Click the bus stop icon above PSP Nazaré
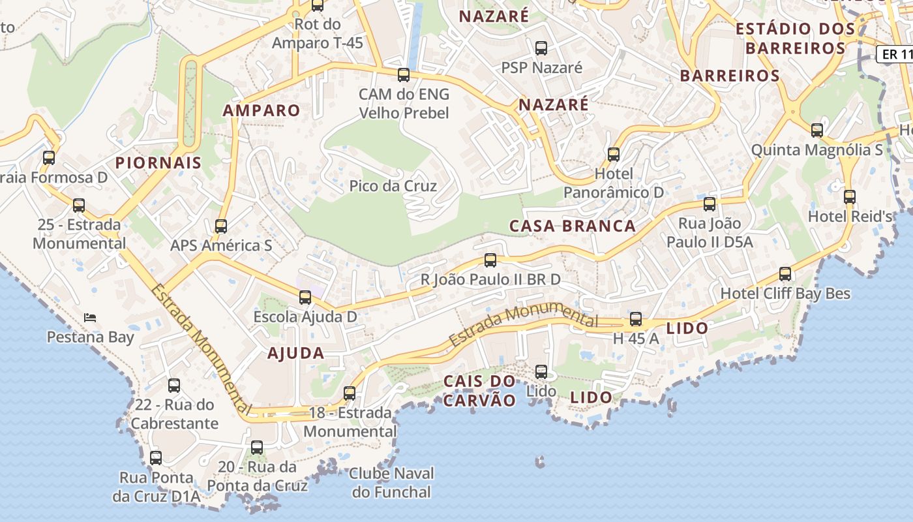pos(541,48)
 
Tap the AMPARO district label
pos(262,110)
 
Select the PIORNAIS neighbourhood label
pos(158,162)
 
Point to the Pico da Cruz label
pos(393,186)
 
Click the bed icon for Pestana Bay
pos(91,318)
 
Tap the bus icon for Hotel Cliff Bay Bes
pos(785,274)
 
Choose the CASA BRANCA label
pos(572,226)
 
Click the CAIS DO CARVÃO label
pos(479,390)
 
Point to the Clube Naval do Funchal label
pos(391,482)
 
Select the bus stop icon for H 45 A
pos(636,320)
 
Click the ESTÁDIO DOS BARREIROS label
pos(795,38)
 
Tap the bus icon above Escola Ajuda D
pos(305,298)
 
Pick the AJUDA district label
pos(295,354)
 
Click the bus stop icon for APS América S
pos(221,226)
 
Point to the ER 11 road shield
pos(894,54)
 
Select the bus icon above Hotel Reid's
pos(849,196)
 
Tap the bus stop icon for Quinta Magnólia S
pos(817,130)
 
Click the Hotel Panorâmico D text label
pos(613,183)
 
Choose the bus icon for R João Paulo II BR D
pos(490,260)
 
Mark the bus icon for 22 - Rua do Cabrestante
pos(173,386)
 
